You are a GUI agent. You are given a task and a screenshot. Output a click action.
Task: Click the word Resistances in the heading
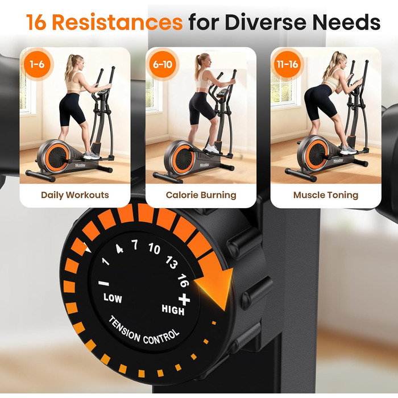click(117, 22)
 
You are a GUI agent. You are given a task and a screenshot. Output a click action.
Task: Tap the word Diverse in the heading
click(266, 22)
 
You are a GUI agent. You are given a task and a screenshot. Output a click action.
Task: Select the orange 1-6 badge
click(38, 64)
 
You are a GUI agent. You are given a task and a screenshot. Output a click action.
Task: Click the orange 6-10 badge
click(163, 64)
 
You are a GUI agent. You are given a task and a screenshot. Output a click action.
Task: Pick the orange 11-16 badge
click(287, 64)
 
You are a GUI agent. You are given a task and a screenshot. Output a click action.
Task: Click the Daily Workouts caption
click(75, 195)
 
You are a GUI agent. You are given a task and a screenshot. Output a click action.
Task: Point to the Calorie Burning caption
click(201, 195)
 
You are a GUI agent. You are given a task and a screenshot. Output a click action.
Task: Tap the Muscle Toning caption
click(326, 195)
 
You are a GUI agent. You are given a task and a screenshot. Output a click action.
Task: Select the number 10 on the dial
click(154, 248)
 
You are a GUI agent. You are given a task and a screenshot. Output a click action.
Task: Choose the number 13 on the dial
click(171, 262)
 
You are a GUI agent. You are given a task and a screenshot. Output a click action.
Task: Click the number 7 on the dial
click(135, 244)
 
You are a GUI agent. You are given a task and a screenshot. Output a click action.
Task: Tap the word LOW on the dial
click(113, 298)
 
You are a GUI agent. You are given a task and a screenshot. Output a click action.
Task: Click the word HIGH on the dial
click(173, 310)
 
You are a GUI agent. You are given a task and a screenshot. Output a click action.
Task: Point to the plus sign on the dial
click(184, 299)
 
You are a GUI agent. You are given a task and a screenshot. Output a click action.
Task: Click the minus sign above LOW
click(104, 283)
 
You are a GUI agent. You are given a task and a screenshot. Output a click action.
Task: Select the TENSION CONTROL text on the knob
click(144, 331)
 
